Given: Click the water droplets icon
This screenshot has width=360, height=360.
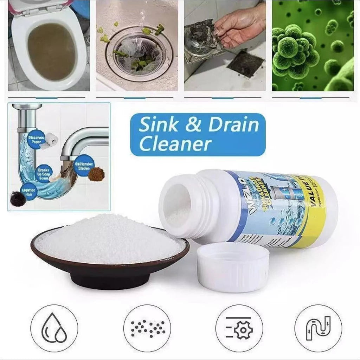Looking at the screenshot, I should pyautogui.click(x=54, y=328).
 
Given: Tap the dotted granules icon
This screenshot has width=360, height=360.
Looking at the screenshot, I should pyautogui.click(x=147, y=328).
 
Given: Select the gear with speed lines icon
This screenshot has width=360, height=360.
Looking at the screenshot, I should pyautogui.click(x=239, y=328).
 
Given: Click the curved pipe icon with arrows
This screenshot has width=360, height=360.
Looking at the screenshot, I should pyautogui.click(x=318, y=328).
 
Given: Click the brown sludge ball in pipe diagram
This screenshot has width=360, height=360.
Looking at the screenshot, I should pyautogui.click(x=96, y=173).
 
